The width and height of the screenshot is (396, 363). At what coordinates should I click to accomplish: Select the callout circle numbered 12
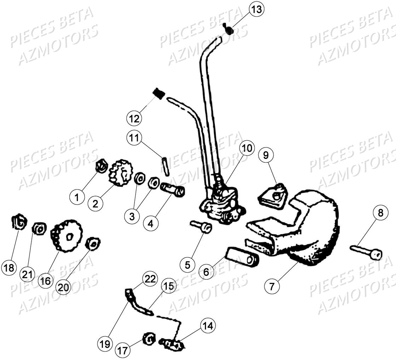click(x=134, y=118)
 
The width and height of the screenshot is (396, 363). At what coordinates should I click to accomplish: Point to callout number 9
click(x=266, y=155)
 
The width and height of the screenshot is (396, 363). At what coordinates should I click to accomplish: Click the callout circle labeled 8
click(x=380, y=213)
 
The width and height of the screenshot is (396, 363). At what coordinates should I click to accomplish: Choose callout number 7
click(x=272, y=286)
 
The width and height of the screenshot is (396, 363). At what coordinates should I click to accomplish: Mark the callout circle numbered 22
click(x=150, y=279)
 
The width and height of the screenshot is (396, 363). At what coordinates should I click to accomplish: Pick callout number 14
click(x=208, y=326)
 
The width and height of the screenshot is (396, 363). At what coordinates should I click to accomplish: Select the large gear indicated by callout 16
click(x=67, y=236)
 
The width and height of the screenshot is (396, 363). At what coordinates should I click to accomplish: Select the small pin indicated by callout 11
click(x=165, y=165)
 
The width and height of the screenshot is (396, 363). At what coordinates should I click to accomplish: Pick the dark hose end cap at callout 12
click(x=159, y=94)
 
